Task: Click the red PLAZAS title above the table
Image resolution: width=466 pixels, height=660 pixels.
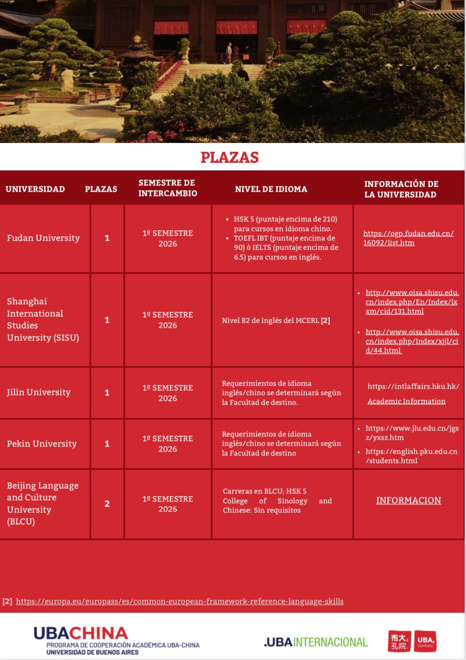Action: point(230,158)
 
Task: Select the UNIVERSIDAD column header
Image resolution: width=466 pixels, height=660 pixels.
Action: point(35,189)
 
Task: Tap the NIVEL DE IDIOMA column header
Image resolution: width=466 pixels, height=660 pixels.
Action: point(271,189)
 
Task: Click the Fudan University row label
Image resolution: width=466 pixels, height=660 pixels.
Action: point(43,238)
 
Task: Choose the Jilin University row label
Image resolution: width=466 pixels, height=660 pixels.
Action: point(38,393)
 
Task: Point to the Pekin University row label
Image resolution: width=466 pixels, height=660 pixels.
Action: point(41,444)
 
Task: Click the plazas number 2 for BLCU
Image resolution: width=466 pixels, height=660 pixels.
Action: point(107,504)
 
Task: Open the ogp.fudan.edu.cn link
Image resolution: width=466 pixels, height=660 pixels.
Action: point(408,238)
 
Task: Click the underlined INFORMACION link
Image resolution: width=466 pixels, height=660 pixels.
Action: point(408,501)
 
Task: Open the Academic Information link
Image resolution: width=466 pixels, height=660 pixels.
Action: point(406,401)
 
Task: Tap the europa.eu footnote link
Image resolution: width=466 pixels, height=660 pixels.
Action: point(180,602)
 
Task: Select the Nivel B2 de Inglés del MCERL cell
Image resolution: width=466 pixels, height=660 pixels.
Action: point(276,321)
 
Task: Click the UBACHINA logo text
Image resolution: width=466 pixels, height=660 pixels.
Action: point(81,633)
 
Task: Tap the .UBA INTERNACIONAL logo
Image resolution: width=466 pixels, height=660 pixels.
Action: point(316,642)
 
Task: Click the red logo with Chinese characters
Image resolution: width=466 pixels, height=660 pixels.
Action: point(399,641)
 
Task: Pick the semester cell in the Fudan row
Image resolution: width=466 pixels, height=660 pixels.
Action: point(167,238)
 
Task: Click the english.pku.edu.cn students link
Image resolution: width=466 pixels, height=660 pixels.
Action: point(411,456)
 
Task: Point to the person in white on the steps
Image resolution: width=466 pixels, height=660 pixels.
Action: point(229,53)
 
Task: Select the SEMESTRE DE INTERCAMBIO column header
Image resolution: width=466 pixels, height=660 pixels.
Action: point(167,188)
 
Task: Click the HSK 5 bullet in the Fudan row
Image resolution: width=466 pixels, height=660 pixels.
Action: point(285,224)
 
